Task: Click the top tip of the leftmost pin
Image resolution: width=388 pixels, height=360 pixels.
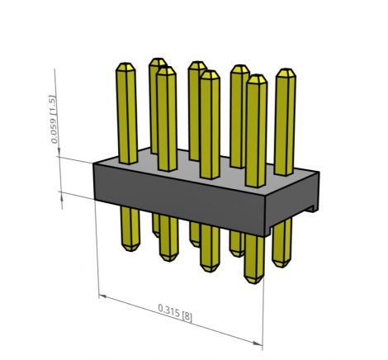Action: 125,63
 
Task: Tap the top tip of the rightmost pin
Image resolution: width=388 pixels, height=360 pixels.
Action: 286,69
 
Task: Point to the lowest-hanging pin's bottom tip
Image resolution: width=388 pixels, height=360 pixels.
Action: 253,283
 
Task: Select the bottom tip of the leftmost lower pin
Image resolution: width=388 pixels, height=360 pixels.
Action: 131,250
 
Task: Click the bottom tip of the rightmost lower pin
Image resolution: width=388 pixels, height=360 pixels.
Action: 282,266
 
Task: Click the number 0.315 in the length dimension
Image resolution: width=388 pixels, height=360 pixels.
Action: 168,310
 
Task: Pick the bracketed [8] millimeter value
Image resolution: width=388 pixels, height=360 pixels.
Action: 187,316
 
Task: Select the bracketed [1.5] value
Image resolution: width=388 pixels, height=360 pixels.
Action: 53,108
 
